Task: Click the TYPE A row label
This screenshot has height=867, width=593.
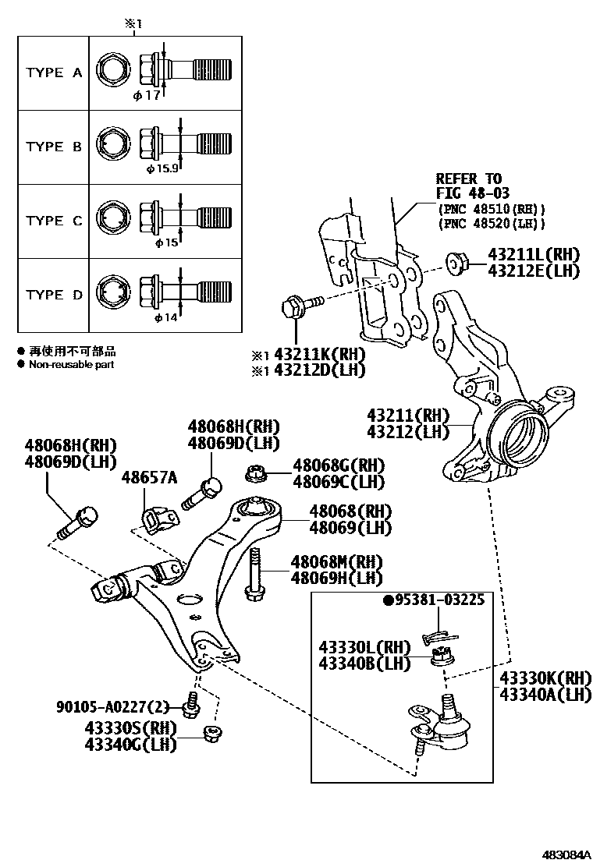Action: pyautogui.click(x=53, y=73)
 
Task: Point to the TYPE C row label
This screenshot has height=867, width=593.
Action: pyautogui.click(x=53, y=221)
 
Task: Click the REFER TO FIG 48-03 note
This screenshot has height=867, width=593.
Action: pyautogui.click(x=469, y=186)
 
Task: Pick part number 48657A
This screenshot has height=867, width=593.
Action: pyautogui.click(x=149, y=477)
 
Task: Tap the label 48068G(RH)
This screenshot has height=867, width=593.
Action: pyautogui.click(x=339, y=465)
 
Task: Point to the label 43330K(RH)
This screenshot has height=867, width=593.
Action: pyautogui.click(x=545, y=677)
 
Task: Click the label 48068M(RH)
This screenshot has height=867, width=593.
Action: pyautogui.click(x=336, y=561)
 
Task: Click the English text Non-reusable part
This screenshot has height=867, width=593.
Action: pyautogui.click(x=71, y=364)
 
